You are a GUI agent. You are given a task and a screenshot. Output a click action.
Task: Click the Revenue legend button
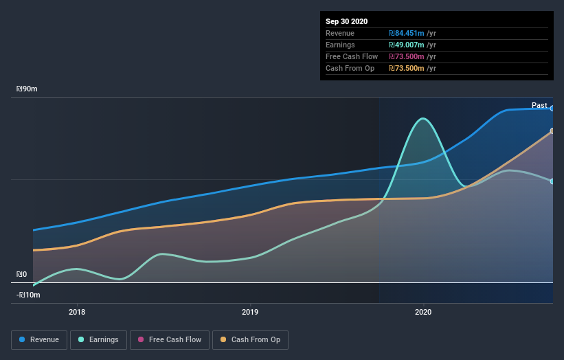tap(40, 339)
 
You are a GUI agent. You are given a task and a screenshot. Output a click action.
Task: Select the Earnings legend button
tap(99, 339)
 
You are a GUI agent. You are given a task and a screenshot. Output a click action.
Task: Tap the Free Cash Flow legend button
tap(168, 339)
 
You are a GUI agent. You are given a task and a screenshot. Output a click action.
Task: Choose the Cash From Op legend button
tap(251, 339)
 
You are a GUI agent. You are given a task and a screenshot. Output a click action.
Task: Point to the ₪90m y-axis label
tap(27, 89)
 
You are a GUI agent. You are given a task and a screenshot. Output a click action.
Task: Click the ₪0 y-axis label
tap(22, 274)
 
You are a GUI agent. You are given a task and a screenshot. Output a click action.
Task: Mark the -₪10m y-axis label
tap(29, 295)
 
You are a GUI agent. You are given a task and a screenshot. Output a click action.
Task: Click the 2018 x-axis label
tap(77, 312)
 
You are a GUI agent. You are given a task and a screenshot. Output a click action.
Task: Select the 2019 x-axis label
tap(250, 312)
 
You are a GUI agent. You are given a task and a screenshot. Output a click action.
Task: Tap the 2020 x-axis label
tap(423, 312)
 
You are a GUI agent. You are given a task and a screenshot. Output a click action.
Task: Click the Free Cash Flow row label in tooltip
tap(351, 56)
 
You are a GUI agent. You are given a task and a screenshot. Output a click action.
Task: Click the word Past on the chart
tap(539, 105)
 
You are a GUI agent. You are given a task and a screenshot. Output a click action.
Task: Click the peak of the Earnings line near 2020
tap(424, 119)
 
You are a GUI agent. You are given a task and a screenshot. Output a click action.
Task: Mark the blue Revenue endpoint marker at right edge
tap(552, 109)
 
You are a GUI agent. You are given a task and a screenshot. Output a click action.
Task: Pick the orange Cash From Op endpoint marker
tap(552, 131)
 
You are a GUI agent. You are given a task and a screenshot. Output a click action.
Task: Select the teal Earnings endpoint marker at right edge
tap(552, 181)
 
